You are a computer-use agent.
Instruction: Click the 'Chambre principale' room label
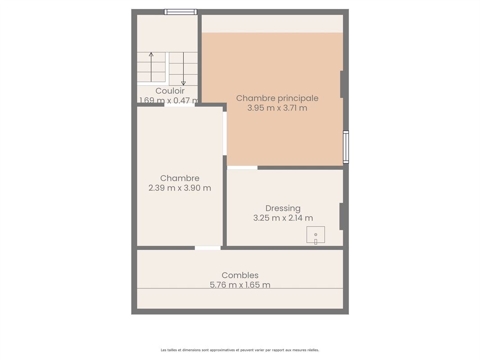[x=277, y=98]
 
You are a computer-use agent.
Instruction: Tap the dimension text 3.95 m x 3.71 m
[x=277, y=108]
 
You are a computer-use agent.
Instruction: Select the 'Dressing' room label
[x=283, y=208]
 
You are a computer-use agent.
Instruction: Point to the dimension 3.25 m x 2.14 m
[x=283, y=218]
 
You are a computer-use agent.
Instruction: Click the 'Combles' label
[x=240, y=275]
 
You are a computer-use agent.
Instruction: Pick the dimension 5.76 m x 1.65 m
[x=240, y=285]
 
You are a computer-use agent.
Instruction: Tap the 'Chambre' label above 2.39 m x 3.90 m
[x=180, y=178]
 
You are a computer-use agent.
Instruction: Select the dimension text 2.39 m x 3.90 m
[x=180, y=188]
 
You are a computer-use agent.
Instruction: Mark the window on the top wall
[x=181, y=12]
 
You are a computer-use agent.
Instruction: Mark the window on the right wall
[x=346, y=147]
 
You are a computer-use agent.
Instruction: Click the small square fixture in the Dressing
[x=316, y=235]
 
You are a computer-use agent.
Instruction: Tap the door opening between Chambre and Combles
[x=208, y=248]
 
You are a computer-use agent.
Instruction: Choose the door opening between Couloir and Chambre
[x=179, y=105]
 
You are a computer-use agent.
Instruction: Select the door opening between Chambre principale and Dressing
[x=242, y=168]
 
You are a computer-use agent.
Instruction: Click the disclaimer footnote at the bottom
[x=240, y=350]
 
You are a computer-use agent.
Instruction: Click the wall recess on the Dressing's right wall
[x=341, y=216]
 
